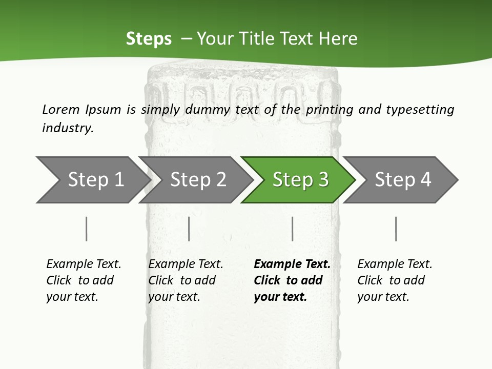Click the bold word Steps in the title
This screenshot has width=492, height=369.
point(149,39)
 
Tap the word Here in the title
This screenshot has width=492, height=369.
point(338,38)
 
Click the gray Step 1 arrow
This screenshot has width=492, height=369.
point(93,180)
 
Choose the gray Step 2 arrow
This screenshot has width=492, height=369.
point(196,180)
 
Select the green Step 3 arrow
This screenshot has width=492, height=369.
point(298,180)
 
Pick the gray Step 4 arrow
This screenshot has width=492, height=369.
point(401,180)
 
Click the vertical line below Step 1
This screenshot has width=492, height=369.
point(86,229)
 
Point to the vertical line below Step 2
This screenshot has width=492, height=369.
point(189,229)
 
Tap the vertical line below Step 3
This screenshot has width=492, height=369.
point(293,229)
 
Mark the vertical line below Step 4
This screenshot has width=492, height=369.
point(396,229)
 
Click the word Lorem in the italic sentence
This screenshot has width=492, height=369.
point(61,110)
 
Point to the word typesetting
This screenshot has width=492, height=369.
point(420,110)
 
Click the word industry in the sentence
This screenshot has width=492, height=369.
point(68,128)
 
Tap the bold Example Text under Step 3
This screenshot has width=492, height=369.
point(292,264)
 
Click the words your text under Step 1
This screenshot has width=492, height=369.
point(72,297)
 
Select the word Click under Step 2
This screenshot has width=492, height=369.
point(161,280)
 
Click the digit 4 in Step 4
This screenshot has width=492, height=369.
point(425,179)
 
